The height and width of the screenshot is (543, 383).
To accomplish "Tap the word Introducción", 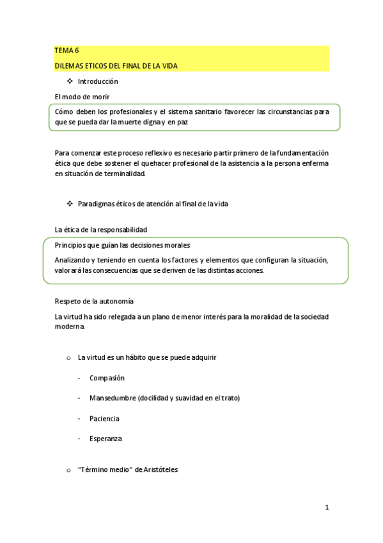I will [x=98, y=82].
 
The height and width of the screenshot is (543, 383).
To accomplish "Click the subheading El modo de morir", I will [x=82, y=97].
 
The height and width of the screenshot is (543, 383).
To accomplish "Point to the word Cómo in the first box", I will [x=65, y=111].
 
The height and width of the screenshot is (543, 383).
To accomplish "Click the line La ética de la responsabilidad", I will [x=101, y=229].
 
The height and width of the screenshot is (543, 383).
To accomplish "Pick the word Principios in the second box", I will [x=72, y=245].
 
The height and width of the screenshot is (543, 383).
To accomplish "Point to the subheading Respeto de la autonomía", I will [x=94, y=301].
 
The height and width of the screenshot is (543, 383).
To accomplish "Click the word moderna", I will [x=70, y=326].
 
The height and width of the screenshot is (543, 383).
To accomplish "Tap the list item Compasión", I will [x=107, y=378].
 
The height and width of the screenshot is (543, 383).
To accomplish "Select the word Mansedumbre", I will [x=112, y=398].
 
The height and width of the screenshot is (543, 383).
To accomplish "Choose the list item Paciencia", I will [x=104, y=419].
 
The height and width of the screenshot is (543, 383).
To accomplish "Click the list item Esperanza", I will [x=106, y=439].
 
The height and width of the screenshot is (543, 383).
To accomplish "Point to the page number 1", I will [x=327, y=508].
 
